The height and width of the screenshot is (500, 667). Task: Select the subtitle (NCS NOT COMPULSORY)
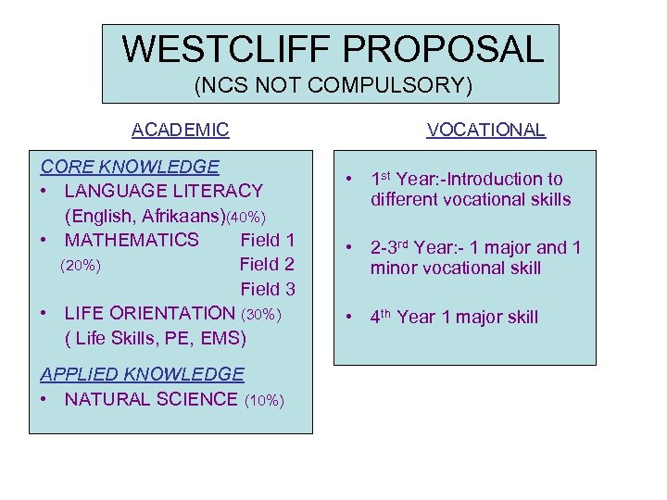[333, 86]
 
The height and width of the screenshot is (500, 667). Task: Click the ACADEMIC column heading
[180, 130]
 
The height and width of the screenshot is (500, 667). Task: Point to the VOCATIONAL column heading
[485, 130]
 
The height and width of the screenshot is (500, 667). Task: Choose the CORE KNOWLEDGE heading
[130, 167]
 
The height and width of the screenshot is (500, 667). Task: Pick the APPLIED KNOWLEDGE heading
[142, 374]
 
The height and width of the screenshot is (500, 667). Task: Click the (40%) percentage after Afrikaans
[252, 217]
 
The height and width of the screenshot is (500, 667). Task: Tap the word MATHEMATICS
[132, 240]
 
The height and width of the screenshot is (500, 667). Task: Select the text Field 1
[267, 240]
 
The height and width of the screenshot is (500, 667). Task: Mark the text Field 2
[267, 265]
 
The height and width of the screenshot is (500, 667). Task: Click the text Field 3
[267, 289]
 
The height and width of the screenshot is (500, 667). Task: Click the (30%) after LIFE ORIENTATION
[260, 314]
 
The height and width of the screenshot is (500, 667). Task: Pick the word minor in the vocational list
[393, 269]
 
